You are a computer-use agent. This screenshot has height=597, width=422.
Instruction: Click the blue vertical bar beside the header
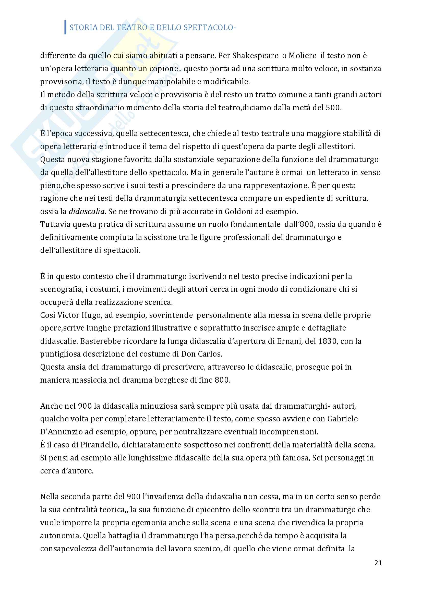65,27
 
